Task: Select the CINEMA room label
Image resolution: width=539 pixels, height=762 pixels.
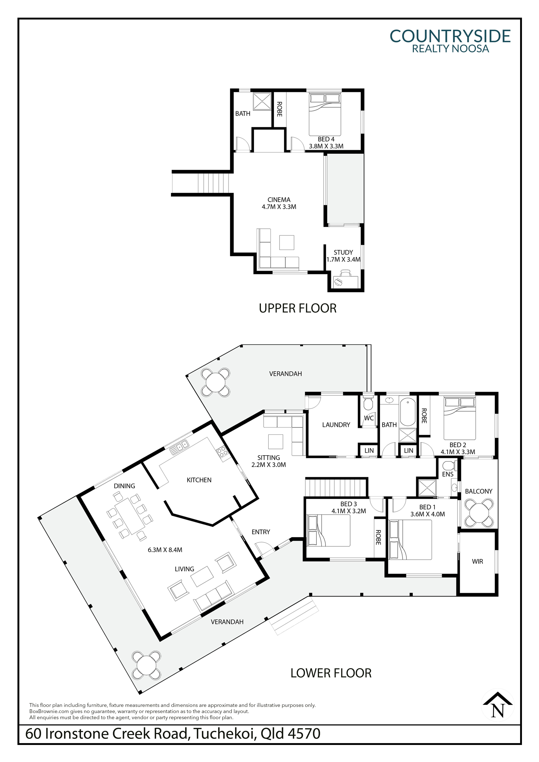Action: click(x=279, y=200)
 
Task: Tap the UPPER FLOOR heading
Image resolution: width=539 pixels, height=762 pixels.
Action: click(x=298, y=308)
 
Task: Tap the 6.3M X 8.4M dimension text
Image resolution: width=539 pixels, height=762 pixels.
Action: click(x=165, y=550)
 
